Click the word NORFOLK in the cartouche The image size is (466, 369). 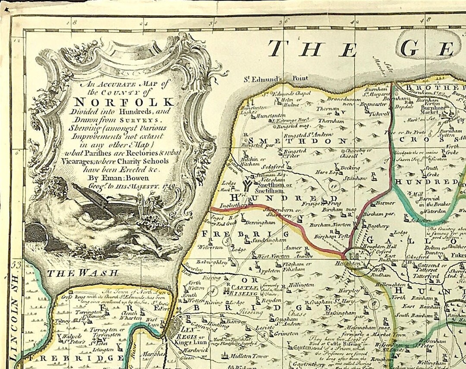124,102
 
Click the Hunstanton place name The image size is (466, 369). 270,116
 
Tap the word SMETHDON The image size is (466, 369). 297,141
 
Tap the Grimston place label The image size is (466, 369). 286,333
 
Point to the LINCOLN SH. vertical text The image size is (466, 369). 16,309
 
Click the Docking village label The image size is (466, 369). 350,167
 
